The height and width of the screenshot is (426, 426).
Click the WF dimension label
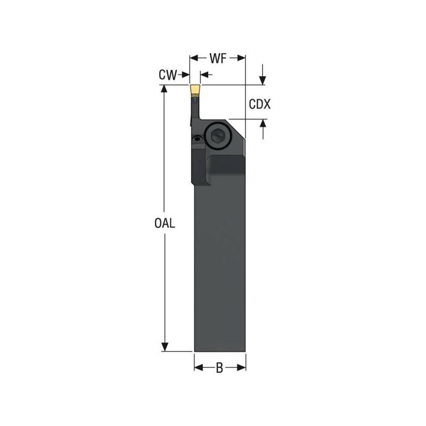point(218,57)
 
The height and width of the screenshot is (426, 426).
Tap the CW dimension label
point(167,75)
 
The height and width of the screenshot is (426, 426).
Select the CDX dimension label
point(260,104)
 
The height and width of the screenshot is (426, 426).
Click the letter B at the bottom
point(219,367)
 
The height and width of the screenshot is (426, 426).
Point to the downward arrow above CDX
point(263,80)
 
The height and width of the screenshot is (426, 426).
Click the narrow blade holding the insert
point(195,109)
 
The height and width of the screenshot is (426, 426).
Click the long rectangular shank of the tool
point(219,266)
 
